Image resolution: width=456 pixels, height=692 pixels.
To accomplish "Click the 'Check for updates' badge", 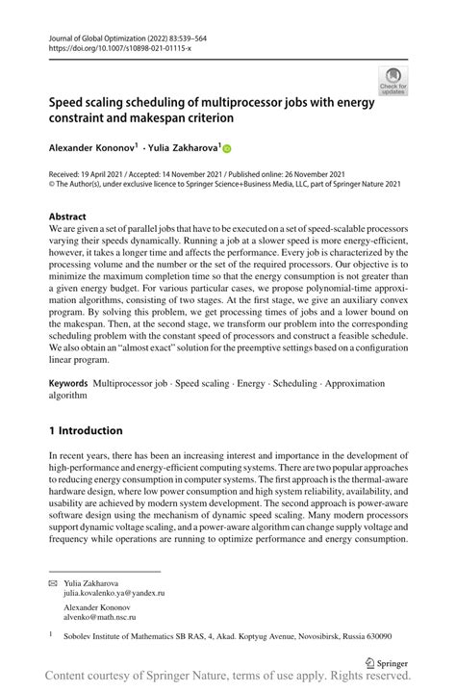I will pyautogui.click(x=392, y=81).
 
